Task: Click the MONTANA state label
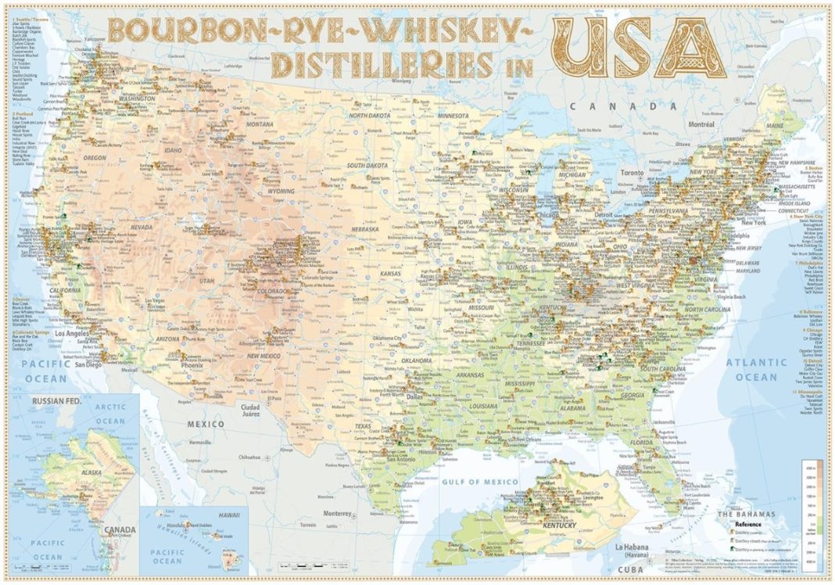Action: tap(259, 124)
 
